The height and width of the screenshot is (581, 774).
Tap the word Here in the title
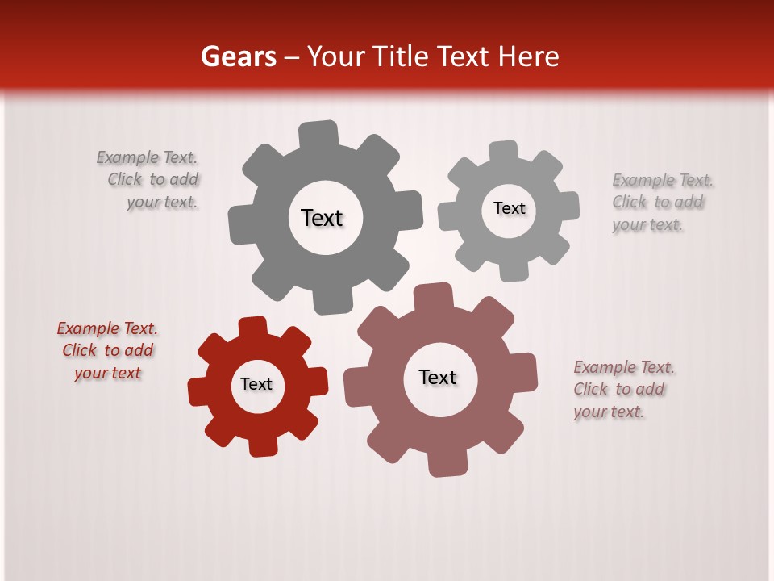pyautogui.click(x=528, y=56)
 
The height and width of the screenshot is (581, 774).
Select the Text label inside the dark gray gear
pyautogui.click(x=322, y=218)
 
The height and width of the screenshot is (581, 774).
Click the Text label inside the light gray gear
pyautogui.click(x=509, y=208)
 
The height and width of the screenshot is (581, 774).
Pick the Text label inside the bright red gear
pyautogui.click(x=256, y=384)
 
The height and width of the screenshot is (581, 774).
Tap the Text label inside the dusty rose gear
pyautogui.click(x=438, y=377)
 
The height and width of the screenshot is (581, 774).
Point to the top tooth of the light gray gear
pyautogui.click(x=504, y=152)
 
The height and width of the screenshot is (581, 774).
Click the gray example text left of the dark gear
pyautogui.click(x=150, y=179)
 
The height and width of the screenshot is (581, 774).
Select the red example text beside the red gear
pyautogui.click(x=107, y=350)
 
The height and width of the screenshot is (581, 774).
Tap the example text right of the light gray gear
pyautogui.click(x=661, y=202)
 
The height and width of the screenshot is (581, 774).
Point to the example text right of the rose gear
pyautogui.click(x=622, y=389)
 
